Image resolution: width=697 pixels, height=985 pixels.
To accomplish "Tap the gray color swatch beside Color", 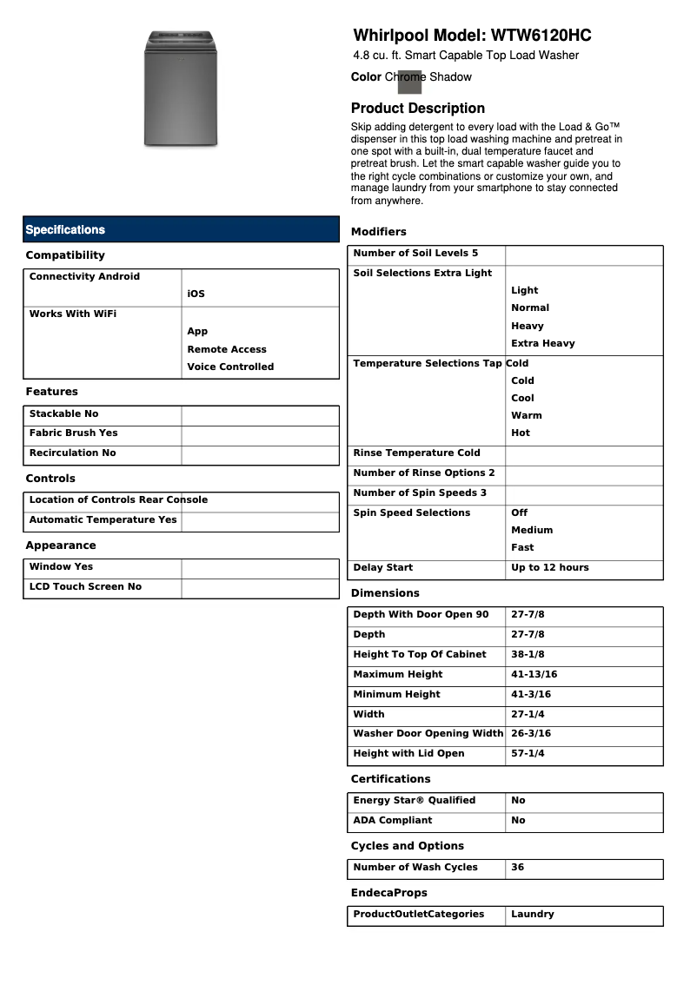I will click(409, 81).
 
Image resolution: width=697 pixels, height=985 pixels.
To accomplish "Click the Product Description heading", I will click(417, 109).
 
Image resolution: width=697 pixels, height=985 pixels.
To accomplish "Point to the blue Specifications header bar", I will click(181, 229).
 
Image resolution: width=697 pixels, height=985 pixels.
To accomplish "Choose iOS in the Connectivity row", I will click(196, 294).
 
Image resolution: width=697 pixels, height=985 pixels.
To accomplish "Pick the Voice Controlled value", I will click(230, 367).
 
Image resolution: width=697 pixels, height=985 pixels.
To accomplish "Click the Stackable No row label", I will click(64, 414).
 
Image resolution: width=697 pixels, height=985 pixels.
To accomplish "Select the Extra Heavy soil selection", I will click(542, 343).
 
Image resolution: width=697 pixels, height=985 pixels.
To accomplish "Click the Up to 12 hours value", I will click(549, 568).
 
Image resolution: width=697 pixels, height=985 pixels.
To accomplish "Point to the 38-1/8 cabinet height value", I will click(528, 655).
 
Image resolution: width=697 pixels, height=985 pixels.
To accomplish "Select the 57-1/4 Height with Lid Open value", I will click(528, 754).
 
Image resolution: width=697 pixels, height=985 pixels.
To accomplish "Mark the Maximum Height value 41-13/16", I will click(534, 675).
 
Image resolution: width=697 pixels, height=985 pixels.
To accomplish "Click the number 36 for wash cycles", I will click(517, 868).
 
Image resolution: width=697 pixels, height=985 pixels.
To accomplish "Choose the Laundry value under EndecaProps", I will click(532, 915).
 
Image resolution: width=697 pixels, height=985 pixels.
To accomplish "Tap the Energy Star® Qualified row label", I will click(415, 801).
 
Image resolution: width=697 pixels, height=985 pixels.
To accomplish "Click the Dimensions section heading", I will click(385, 593).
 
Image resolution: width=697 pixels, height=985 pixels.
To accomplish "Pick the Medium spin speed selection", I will click(532, 530).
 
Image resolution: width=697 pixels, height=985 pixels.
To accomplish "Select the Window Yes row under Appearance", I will click(62, 567).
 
